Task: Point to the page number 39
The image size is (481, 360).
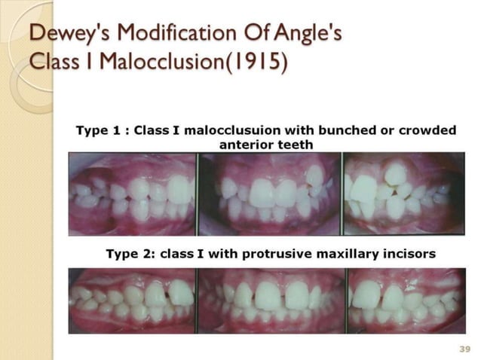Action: tap(464, 348)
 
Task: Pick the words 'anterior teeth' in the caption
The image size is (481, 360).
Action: tap(266, 144)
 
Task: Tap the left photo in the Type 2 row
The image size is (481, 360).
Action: tap(132, 301)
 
